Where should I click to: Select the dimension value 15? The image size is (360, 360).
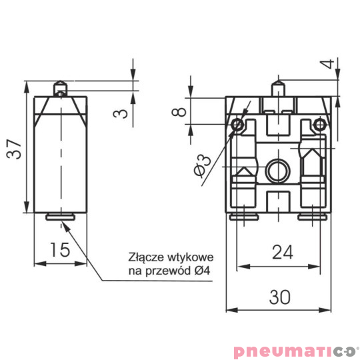pyautogui.click(x=60, y=250)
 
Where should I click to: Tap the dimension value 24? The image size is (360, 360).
pyautogui.click(x=283, y=252)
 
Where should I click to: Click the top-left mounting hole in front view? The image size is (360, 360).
pyautogui.click(x=236, y=125)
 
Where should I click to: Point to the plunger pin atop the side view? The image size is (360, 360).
pyautogui.click(x=60, y=88)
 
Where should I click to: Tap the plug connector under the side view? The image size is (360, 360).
pyautogui.click(x=60, y=215)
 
